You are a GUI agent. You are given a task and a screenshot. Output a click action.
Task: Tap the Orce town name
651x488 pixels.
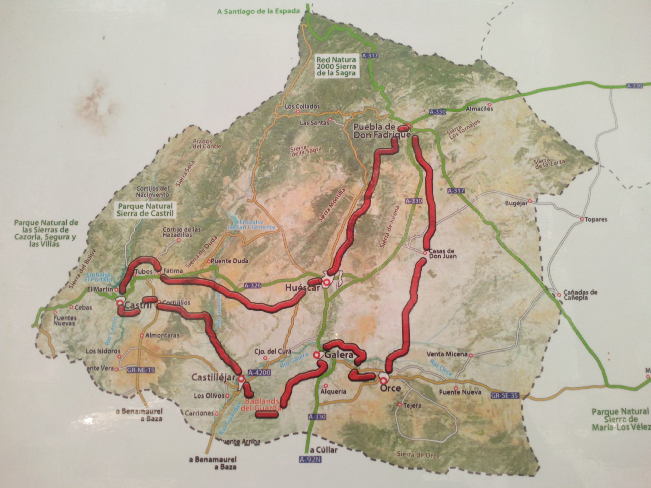coord(390,388)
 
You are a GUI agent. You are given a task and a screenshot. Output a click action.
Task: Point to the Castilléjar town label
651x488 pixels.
coord(213,377)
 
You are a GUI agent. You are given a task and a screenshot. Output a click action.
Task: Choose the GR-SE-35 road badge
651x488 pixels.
coord(505,396)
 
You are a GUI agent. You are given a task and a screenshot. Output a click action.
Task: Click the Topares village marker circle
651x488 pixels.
coord(582,219)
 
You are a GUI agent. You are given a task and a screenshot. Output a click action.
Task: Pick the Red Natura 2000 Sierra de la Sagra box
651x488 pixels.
coord(336,66)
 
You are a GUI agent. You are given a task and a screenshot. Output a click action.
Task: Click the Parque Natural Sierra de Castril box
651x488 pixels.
coord(145,209)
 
